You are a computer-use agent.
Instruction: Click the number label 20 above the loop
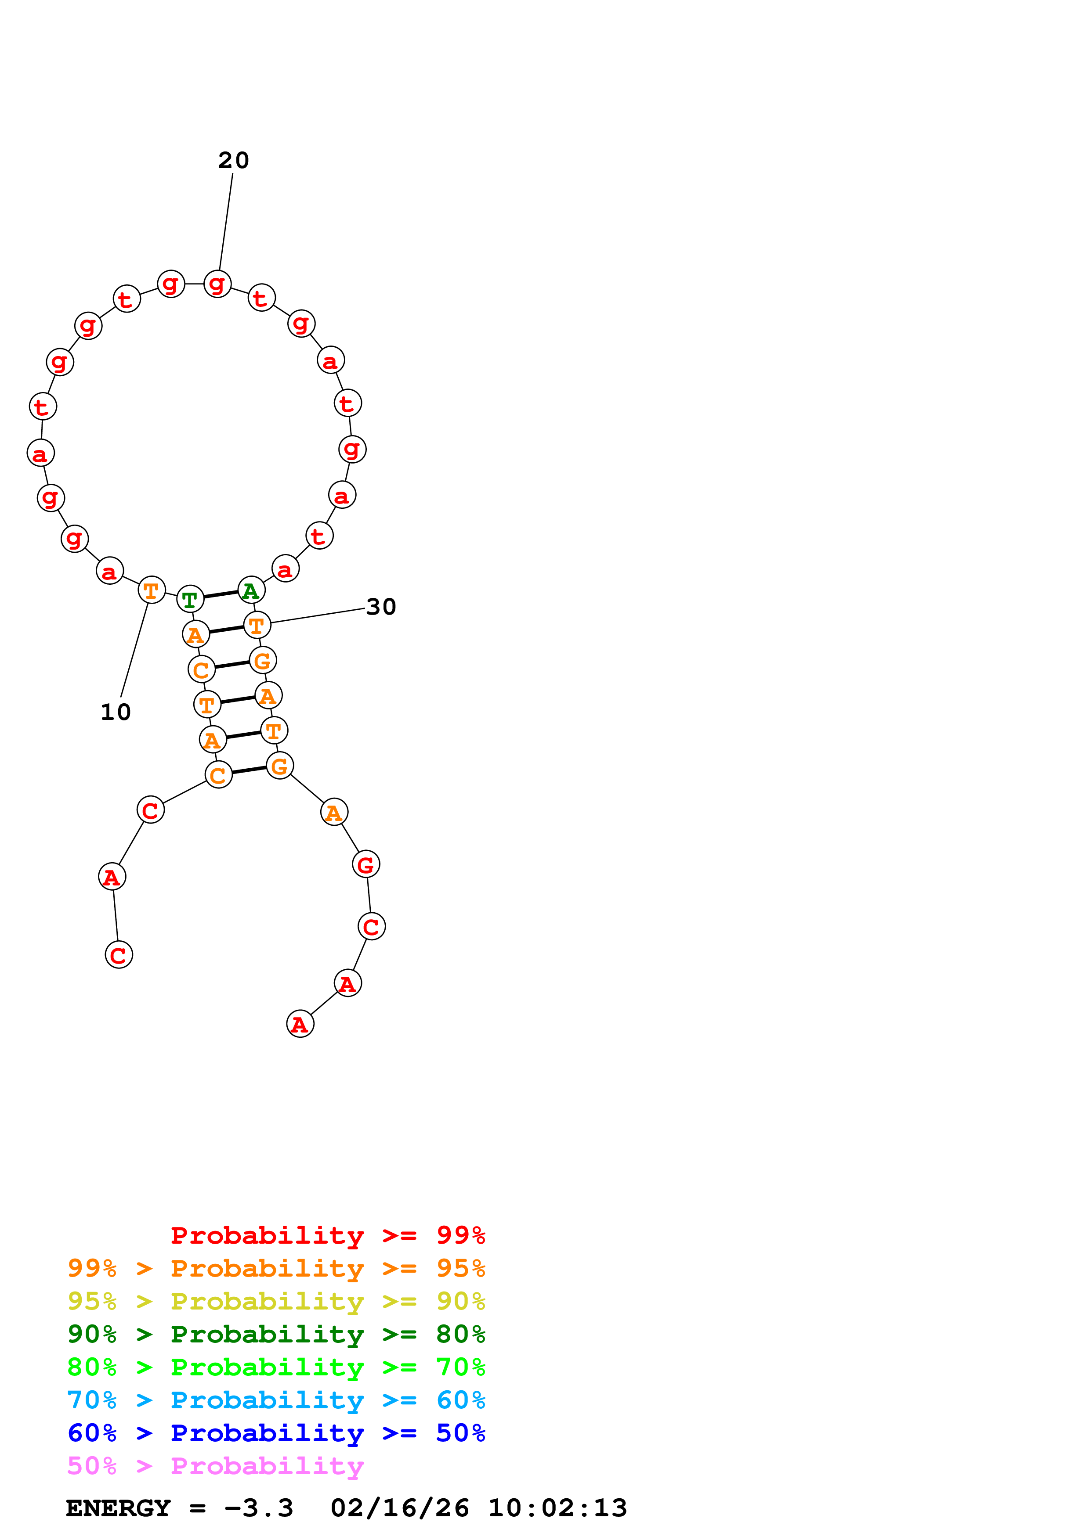pyautogui.click(x=234, y=160)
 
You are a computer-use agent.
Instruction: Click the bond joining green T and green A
pyautogui.click(x=221, y=594)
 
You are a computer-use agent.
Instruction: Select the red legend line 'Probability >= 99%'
pyautogui.click(x=327, y=1235)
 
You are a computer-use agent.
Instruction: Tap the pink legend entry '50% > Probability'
pyautogui.click(x=215, y=1465)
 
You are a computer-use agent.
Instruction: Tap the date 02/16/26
pyautogui.click(x=399, y=1508)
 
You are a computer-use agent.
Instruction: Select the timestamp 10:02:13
pyautogui.click(x=557, y=1508)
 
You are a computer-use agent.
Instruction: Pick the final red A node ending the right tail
pyautogui.click(x=300, y=1024)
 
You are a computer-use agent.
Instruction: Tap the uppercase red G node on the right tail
pyautogui.click(x=365, y=864)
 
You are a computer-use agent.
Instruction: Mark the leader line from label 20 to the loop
pyautogui.click(x=226, y=221)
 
